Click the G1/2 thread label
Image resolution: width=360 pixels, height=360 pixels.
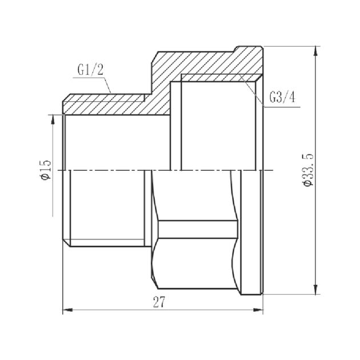(90, 71)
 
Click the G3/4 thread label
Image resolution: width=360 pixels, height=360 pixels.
(281, 98)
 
